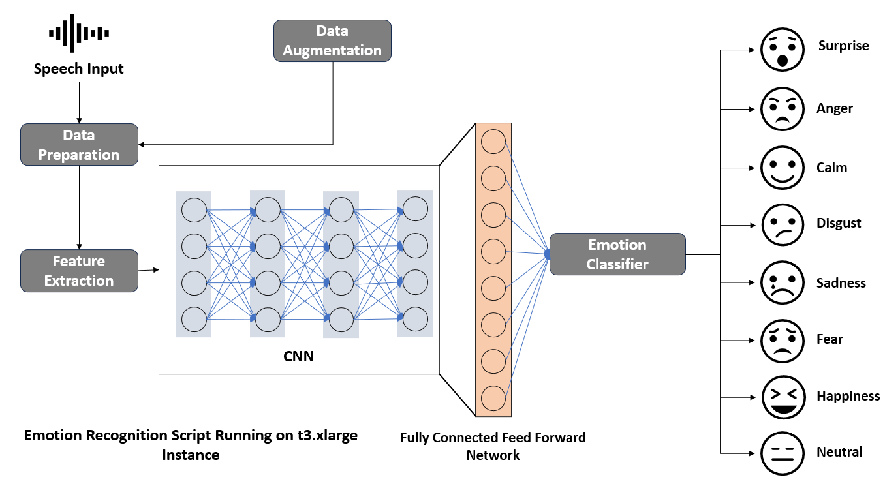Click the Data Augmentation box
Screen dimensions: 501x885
(x=332, y=40)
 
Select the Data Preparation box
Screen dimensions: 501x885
(x=79, y=145)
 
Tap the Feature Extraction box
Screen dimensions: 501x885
(x=79, y=271)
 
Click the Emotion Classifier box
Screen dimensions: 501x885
(x=617, y=254)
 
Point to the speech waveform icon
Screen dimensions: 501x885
(x=79, y=33)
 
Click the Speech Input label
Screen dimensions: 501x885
(x=79, y=68)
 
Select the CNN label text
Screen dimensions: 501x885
(x=298, y=356)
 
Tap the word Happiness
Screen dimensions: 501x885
(x=848, y=396)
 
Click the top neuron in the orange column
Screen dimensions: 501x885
(x=493, y=142)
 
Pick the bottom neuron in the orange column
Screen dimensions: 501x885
(x=493, y=397)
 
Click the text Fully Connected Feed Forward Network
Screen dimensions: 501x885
(x=493, y=446)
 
